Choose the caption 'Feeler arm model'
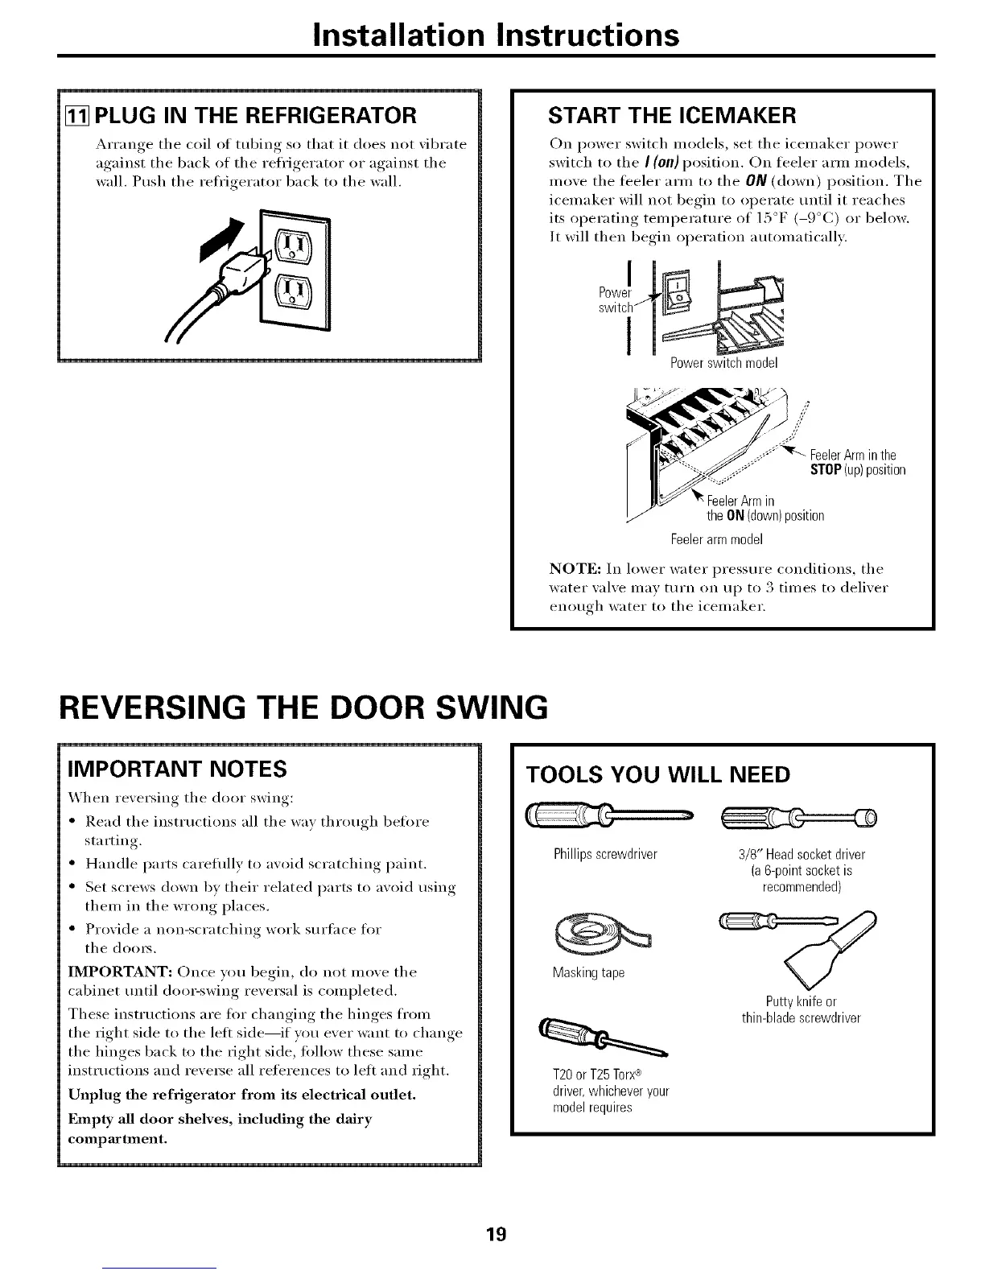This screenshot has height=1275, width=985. pyautogui.click(x=716, y=538)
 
